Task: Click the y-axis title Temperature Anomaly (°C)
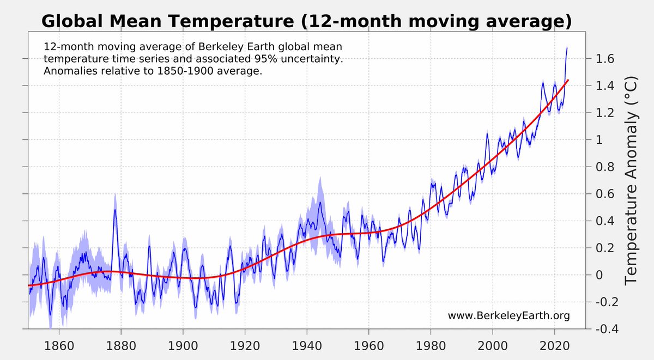pyautogui.click(x=631, y=180)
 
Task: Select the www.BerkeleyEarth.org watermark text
pyautogui.click(x=508, y=316)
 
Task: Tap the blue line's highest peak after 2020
pyautogui.click(x=567, y=48)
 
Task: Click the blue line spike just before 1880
pyautogui.click(x=115, y=210)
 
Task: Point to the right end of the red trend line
pyautogui.click(x=568, y=80)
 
